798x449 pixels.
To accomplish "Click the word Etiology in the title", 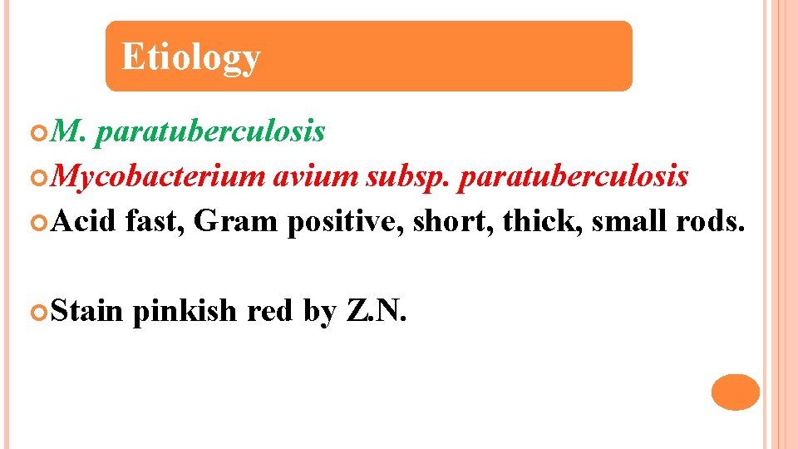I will [190, 57].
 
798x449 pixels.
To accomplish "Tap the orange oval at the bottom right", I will [736, 392].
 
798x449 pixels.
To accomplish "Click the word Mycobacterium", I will [161, 176].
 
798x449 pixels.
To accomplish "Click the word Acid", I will [86, 221].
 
